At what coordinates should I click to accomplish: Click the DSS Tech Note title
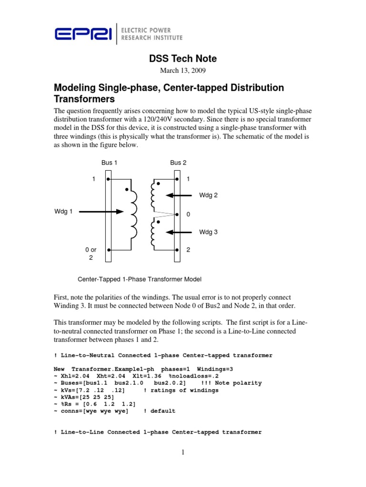pyautogui.click(x=183, y=58)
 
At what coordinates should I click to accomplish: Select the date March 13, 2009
pyautogui.click(x=183, y=71)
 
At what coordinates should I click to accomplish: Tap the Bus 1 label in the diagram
pyautogui.click(x=109, y=163)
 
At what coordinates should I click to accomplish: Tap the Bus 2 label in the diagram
pyautogui.click(x=178, y=163)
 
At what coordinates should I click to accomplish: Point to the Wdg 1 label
pyautogui.click(x=63, y=212)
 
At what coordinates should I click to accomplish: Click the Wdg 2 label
pyautogui.click(x=208, y=195)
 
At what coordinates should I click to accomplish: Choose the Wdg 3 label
pyautogui.click(x=208, y=232)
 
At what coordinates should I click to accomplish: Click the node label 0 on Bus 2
pyautogui.click(x=188, y=214)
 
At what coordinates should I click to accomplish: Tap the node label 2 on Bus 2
pyautogui.click(x=188, y=250)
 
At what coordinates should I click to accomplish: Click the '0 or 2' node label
pyautogui.click(x=91, y=253)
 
